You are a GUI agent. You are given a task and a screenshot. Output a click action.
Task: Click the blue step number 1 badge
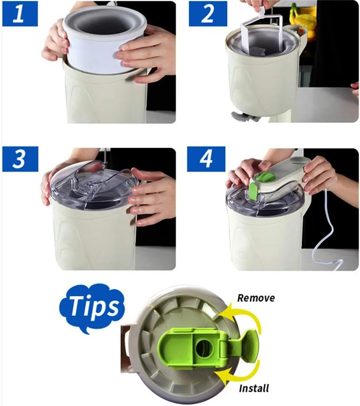(x=20, y=13)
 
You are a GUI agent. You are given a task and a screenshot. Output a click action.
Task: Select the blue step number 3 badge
(x=20, y=159)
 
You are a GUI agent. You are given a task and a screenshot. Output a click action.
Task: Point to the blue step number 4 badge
(x=206, y=159)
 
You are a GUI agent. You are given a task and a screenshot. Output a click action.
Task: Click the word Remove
(x=256, y=298)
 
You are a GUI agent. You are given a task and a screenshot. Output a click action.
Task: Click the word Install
(x=254, y=388)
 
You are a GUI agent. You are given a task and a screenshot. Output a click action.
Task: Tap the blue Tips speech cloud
(x=92, y=308)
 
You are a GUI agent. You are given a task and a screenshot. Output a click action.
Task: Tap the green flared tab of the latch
(x=248, y=345)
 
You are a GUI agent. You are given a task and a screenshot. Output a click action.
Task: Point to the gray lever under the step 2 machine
(x=244, y=116)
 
